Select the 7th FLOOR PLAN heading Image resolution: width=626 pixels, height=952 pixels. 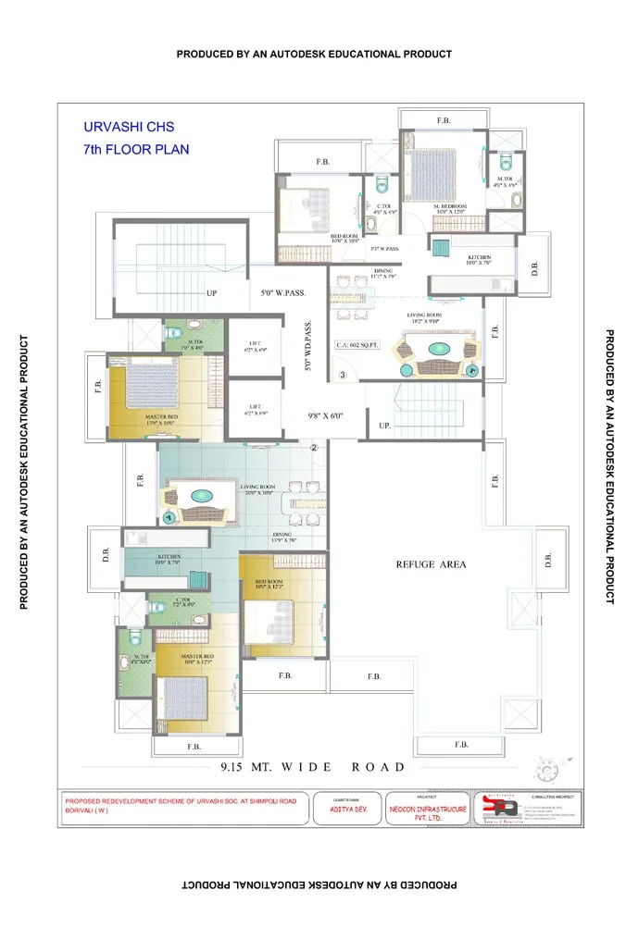click(136, 148)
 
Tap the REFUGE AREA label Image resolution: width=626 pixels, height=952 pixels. click(431, 563)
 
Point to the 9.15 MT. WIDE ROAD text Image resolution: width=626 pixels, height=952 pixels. click(312, 767)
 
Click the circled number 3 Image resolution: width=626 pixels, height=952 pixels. click(342, 375)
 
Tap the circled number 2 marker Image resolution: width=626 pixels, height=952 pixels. click(314, 448)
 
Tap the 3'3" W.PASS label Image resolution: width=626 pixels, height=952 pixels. click(384, 249)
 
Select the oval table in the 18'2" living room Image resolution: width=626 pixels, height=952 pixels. click(434, 350)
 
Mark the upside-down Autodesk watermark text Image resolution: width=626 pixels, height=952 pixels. click(314, 884)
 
